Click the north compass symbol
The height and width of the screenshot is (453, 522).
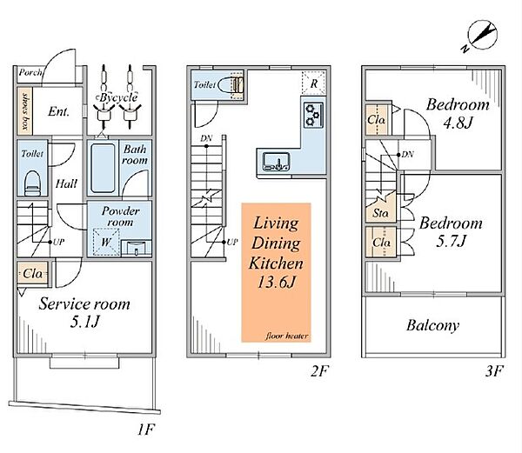click(x=480, y=36)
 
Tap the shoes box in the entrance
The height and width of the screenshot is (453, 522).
click(x=25, y=111)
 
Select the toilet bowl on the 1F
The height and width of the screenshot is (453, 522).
click(x=33, y=183)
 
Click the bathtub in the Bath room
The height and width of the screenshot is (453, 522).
click(x=103, y=168)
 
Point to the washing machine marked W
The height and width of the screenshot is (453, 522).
click(x=106, y=242)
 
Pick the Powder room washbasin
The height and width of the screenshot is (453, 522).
click(x=137, y=248)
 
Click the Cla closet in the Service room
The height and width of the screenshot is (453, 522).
click(x=33, y=274)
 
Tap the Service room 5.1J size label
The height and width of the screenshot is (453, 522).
click(x=85, y=322)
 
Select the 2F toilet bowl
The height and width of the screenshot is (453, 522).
click(x=231, y=84)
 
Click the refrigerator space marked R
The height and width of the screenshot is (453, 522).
click(x=313, y=83)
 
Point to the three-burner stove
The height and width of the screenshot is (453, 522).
click(x=313, y=115)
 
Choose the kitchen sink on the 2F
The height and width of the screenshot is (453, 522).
click(x=276, y=162)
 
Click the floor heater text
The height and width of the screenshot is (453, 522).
click(x=286, y=336)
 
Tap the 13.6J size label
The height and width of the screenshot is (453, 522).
click(x=277, y=283)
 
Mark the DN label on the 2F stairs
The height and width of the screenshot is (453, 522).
click(x=206, y=138)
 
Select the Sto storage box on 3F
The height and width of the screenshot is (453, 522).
click(x=381, y=208)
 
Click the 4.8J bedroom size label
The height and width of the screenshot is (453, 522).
click(x=458, y=123)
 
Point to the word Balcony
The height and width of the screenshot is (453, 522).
click(x=432, y=325)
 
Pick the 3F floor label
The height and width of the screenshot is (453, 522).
click(x=493, y=371)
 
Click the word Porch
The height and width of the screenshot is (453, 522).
click(x=30, y=72)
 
